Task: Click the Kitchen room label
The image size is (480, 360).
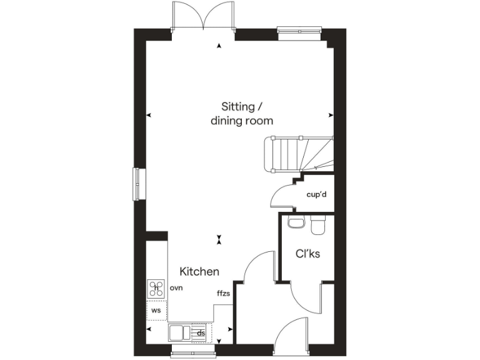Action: pos(199,272)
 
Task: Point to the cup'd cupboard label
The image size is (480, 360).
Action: pos(317,194)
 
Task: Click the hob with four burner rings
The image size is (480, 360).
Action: pos(155,288)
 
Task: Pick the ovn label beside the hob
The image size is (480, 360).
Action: pos(176,289)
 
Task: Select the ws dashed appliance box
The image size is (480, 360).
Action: pos(156,309)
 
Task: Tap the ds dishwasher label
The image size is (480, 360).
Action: pos(201,333)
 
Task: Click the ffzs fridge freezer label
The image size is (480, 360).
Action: pos(224,293)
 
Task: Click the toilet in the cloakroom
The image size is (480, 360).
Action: pos(318,225)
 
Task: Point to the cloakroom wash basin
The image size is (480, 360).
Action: pos(294,222)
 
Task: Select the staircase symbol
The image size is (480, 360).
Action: pos(299,154)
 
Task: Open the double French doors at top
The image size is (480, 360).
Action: pos(204,15)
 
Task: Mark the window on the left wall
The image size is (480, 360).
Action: pos(137,184)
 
